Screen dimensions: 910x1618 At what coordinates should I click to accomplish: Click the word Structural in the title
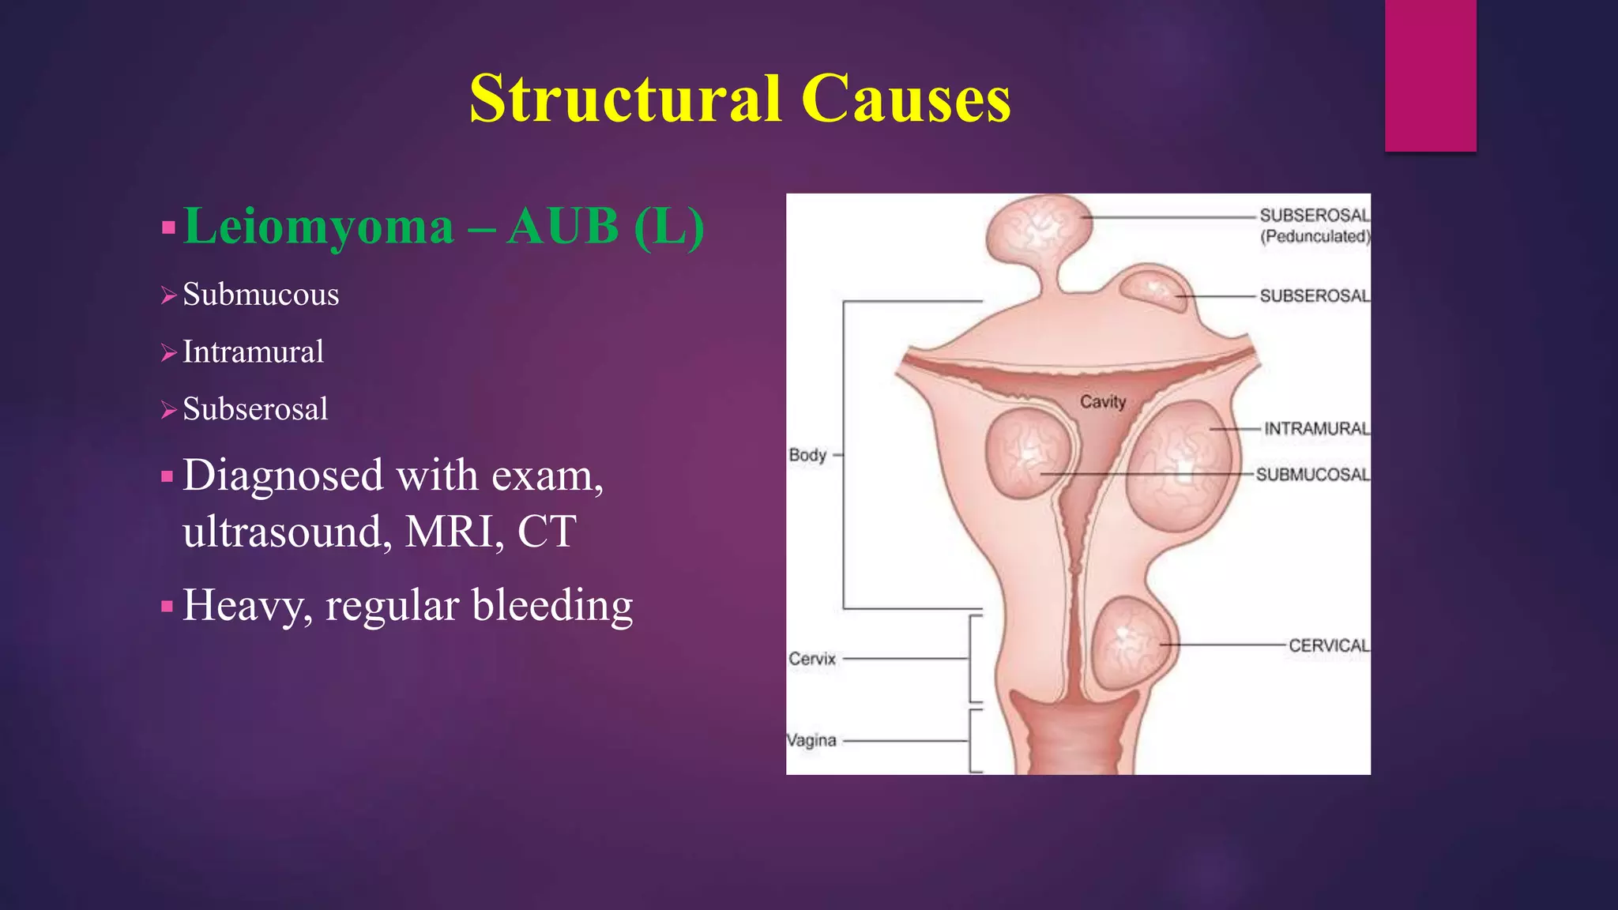[624, 100]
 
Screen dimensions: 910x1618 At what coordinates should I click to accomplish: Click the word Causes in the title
[905, 100]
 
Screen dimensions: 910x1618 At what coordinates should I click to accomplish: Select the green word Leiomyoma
[318, 227]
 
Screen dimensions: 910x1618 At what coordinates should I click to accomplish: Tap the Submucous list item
[261, 295]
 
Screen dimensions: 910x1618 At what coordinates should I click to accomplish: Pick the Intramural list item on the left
[253, 352]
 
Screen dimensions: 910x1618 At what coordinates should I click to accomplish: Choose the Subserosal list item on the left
[255, 409]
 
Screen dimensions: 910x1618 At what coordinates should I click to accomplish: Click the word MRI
[454, 532]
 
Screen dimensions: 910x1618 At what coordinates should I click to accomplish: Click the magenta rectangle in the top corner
[1430, 75]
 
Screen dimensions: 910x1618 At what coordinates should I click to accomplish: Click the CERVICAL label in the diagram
[1329, 645]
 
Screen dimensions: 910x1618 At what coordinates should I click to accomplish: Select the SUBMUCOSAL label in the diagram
[1312, 475]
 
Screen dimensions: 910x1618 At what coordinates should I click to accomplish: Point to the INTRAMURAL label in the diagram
[1316, 429]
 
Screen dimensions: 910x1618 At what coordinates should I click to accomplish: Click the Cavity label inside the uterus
[1103, 402]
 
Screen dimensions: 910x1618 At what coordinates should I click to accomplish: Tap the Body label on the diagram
[807, 455]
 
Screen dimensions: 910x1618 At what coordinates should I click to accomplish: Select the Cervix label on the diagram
[811, 659]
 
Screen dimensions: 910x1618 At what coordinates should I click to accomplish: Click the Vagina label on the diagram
[811, 741]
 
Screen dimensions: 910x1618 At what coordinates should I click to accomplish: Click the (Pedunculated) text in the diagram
[1315, 236]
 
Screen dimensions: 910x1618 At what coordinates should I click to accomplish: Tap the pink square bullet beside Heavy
[167, 607]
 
